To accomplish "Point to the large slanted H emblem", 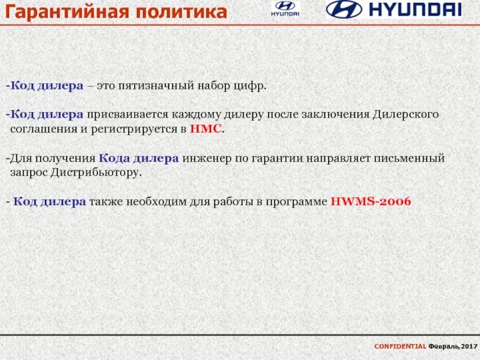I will [344, 9].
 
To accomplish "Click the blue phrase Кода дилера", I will [139, 158].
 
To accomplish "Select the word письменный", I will [413, 158].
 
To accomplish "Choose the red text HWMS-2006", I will [370, 202].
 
